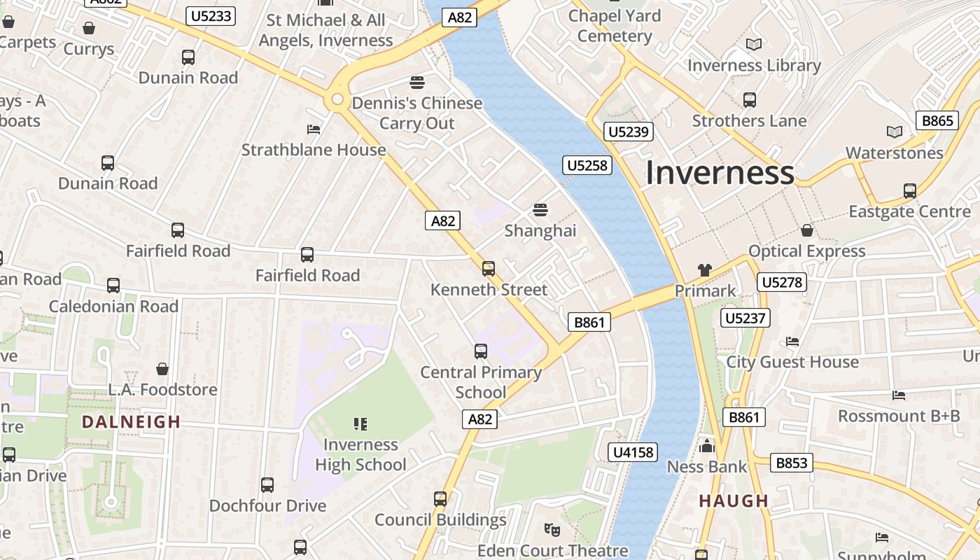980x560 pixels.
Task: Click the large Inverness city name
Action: coord(720,173)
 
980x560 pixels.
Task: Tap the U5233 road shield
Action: coord(210,15)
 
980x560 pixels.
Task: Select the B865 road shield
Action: coord(937,120)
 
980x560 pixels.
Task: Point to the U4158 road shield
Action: coord(633,452)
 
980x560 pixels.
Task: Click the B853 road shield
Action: coord(792,462)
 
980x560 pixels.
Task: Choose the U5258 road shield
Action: coord(587,165)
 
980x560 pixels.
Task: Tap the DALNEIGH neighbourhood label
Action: coord(131,422)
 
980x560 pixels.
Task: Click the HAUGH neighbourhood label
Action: coord(734,501)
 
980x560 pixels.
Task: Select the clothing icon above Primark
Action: coord(705,270)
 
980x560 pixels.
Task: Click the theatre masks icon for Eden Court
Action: coord(552,530)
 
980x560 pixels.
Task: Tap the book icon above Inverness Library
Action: coord(754,45)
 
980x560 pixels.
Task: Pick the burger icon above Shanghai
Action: coord(540,209)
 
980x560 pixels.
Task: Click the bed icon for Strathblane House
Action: coord(314,129)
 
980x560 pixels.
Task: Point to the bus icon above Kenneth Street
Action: coord(489,268)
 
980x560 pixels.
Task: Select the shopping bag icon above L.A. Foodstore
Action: coord(162,368)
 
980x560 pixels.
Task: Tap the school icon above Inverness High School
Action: coord(360,423)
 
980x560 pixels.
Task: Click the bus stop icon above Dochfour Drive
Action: coord(267,484)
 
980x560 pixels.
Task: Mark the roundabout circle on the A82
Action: coord(337,100)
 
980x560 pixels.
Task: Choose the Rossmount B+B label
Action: coord(899,416)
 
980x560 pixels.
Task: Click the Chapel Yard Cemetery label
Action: coord(615,26)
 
